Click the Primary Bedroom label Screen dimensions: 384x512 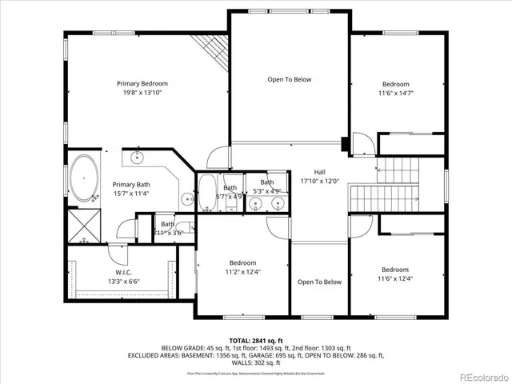pos(142,83)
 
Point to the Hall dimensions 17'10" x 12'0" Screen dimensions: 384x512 pos(319,181)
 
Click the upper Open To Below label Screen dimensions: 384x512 pos(289,79)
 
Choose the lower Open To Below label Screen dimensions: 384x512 pos(319,282)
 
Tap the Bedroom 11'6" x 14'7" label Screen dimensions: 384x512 pos(395,84)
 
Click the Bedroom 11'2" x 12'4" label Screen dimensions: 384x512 pos(243,262)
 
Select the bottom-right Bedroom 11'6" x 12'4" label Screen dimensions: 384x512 pos(395,270)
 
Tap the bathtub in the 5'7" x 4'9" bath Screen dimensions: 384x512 pos(206,191)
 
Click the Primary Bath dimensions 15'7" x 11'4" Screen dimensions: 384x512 pos(130,193)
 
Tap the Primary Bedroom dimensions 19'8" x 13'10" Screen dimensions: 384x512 pos(142,93)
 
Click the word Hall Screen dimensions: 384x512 pos(319,172)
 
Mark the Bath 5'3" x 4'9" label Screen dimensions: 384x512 pos(266,186)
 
